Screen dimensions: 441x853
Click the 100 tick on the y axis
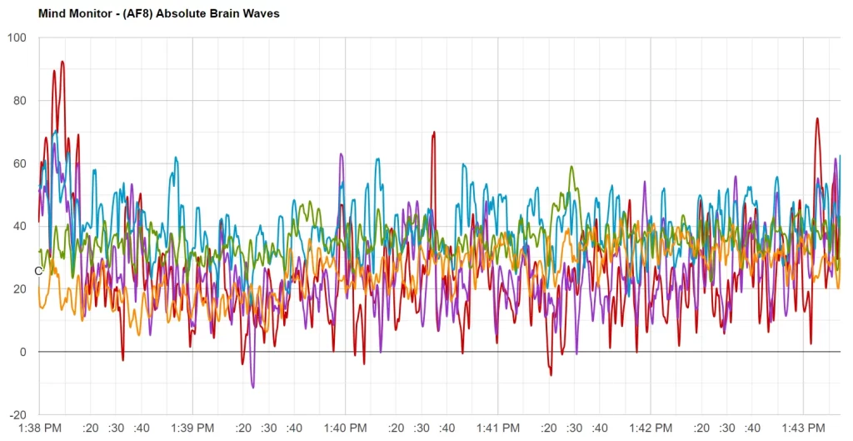pos(17,38)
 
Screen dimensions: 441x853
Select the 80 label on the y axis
pos(19,101)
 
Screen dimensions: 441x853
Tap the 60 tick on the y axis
pos(19,163)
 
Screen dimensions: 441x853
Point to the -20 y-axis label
pos(17,414)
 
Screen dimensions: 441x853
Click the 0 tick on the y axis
pos(22,352)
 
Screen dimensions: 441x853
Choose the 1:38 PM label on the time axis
pos(40,428)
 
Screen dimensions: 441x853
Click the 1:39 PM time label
pos(192,428)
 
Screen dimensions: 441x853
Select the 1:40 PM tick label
pos(345,428)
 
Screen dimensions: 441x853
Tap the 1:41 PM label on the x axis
pos(497,428)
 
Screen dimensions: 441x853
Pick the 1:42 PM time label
pos(650,428)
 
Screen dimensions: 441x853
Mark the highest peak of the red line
pos(62,62)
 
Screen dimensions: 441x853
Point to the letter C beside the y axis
pos(37,271)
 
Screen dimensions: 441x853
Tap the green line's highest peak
pos(571,167)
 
